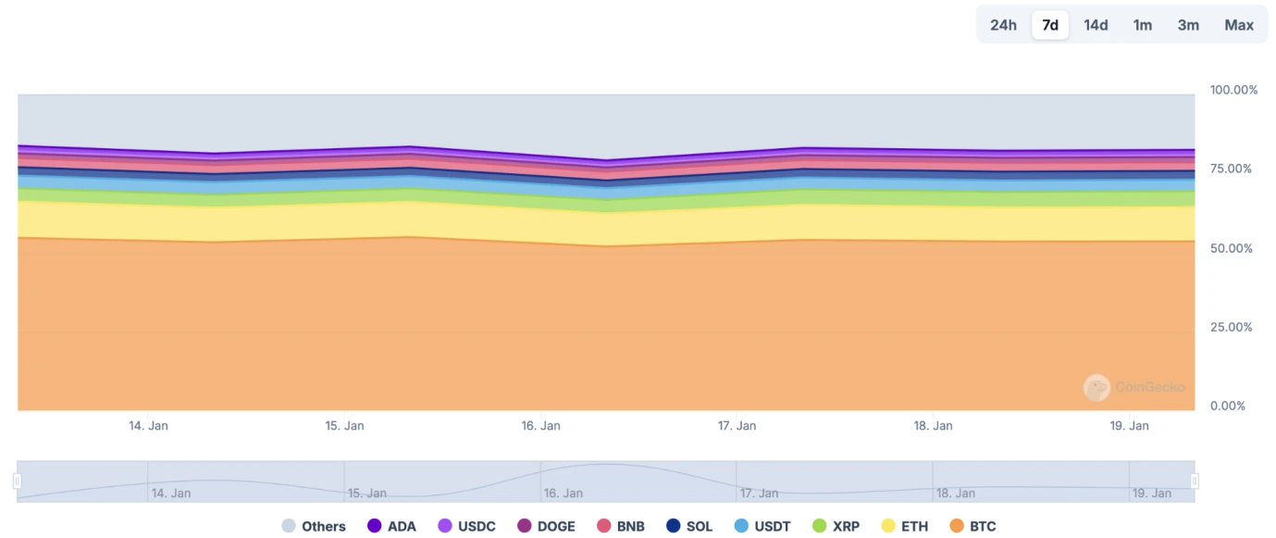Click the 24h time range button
[x=1003, y=25]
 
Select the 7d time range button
[x=1050, y=25]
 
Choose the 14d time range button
[x=1096, y=25]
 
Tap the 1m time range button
[x=1143, y=25]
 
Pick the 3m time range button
[x=1188, y=25]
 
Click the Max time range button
[x=1239, y=25]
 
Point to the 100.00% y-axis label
[x=1233, y=90]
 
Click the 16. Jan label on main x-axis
[x=540, y=426]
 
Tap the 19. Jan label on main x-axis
[x=1129, y=426]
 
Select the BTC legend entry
[x=973, y=526]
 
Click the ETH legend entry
[x=905, y=526]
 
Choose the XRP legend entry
[x=836, y=526]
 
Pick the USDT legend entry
[x=762, y=526]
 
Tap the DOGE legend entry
[x=546, y=526]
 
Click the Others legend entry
[x=314, y=526]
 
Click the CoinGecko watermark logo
[x=1097, y=387]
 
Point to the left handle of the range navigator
[x=17, y=482]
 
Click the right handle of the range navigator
[x=1195, y=482]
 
